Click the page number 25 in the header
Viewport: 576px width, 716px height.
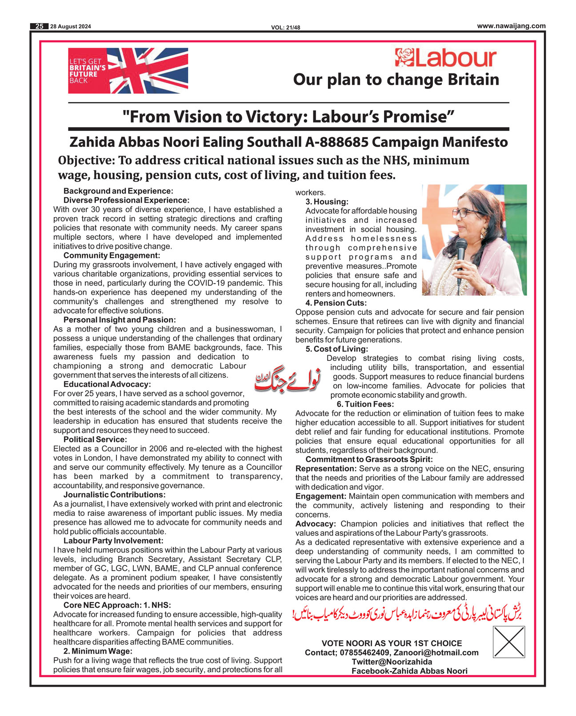pyautogui.click(x=39, y=27)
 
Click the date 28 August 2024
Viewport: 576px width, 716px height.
pyautogui.click(x=71, y=27)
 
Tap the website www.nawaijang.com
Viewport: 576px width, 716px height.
pyautogui.click(x=511, y=26)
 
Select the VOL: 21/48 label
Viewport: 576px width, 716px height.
pyautogui.click(x=286, y=28)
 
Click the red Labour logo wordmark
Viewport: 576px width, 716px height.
pyautogui.click(x=446, y=58)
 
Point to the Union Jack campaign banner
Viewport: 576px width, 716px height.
pyautogui.click(x=128, y=71)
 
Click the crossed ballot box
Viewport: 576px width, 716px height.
pyautogui.click(x=509, y=641)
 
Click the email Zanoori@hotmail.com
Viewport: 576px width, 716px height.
pyautogui.click(x=436, y=653)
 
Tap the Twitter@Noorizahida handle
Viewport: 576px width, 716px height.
pyautogui.click(x=392, y=662)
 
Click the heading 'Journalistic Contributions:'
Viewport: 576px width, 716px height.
pyautogui.click(x=114, y=495)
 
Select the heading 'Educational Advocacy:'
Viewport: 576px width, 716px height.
pyautogui.click(x=107, y=384)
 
